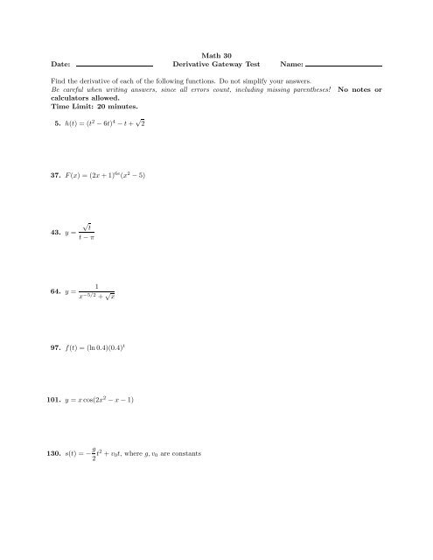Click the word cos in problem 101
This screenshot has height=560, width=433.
95,400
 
